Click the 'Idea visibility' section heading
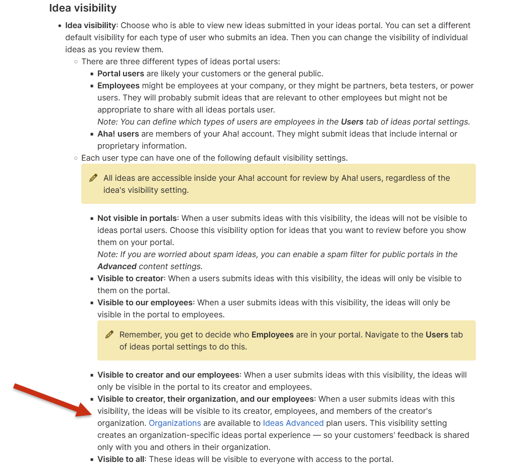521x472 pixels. (83, 8)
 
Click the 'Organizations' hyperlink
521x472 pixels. (175, 423)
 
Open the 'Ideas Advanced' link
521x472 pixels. (293, 423)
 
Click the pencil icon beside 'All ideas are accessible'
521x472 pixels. (93, 178)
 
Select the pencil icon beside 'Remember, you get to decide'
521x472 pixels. (109, 334)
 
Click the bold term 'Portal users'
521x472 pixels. (120, 73)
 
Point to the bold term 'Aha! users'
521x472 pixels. (118, 134)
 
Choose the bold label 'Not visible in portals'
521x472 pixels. (137, 218)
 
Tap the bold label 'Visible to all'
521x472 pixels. (121, 459)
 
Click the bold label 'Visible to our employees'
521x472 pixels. (145, 302)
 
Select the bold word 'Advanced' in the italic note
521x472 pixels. (117, 266)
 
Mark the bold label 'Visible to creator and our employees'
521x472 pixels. (168, 375)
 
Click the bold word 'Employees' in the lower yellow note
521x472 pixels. (273, 334)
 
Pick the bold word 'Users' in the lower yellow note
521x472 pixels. (437, 334)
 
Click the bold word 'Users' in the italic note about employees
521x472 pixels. (352, 122)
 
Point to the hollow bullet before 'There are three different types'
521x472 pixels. (76, 62)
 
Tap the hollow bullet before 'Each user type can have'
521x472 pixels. (76, 158)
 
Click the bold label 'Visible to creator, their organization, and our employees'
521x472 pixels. (206, 399)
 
